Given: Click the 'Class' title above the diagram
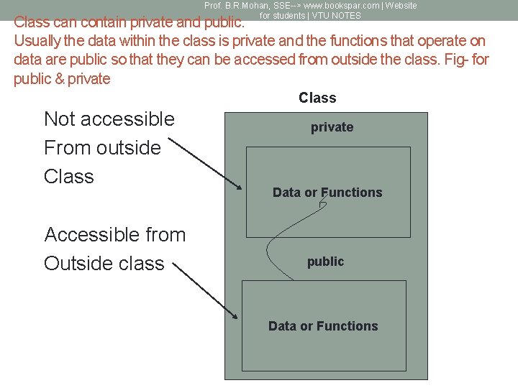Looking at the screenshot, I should click(x=317, y=98).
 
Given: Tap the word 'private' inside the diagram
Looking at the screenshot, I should click(x=332, y=127).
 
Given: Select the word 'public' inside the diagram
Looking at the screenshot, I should click(x=325, y=262).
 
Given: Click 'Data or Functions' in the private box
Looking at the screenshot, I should click(x=327, y=193).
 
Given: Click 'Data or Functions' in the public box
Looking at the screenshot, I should click(x=323, y=326).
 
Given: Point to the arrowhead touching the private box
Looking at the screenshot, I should click(x=239, y=187).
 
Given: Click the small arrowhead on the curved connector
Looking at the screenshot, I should click(x=323, y=203).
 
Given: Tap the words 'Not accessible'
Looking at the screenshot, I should click(x=109, y=119).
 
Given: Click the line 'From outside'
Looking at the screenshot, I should click(x=102, y=148).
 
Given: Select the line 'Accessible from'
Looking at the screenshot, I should click(x=115, y=235).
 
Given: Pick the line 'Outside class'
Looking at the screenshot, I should click(x=104, y=264).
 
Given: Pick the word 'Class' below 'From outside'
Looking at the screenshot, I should click(x=69, y=177).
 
